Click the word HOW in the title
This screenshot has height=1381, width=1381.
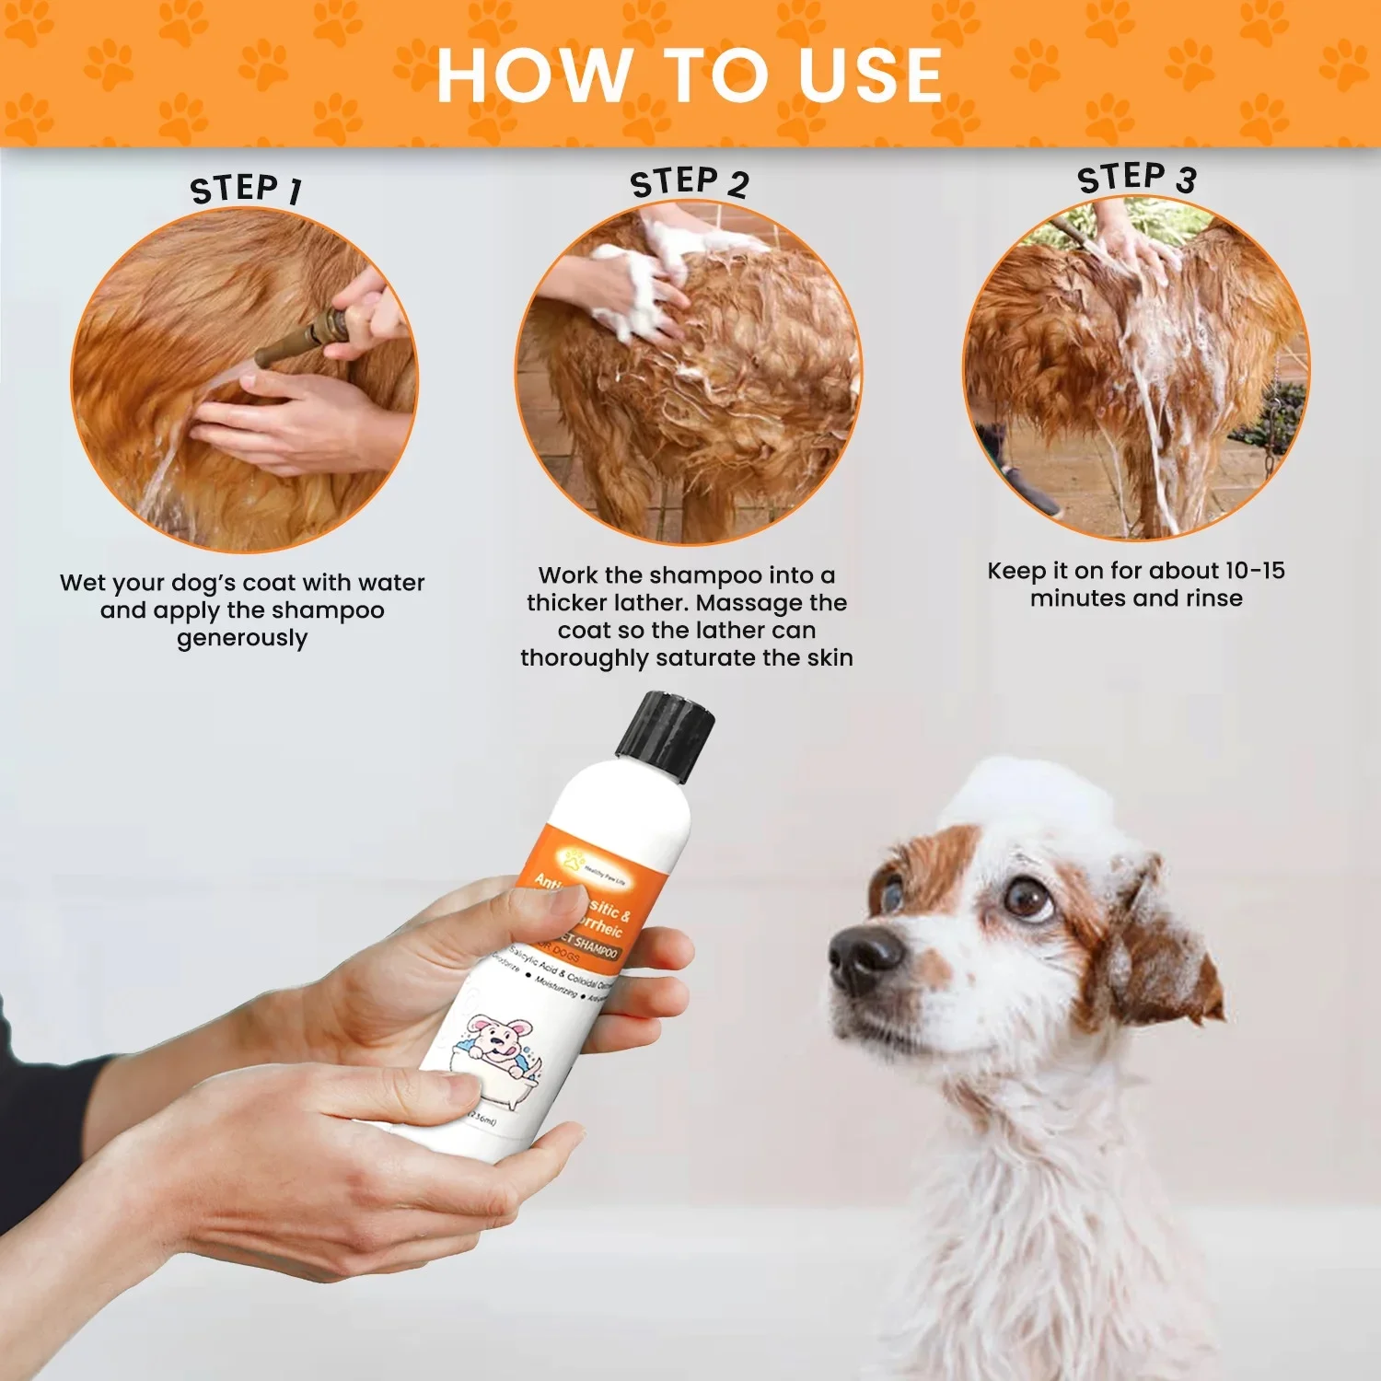(x=532, y=75)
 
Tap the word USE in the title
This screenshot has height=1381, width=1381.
(x=870, y=75)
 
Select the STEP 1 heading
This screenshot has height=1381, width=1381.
(x=246, y=189)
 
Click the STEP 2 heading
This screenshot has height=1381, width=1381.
(x=689, y=181)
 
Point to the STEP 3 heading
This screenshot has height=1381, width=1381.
(x=1136, y=177)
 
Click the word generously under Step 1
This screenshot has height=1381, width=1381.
(x=242, y=638)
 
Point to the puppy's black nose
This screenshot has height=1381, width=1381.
(x=865, y=957)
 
